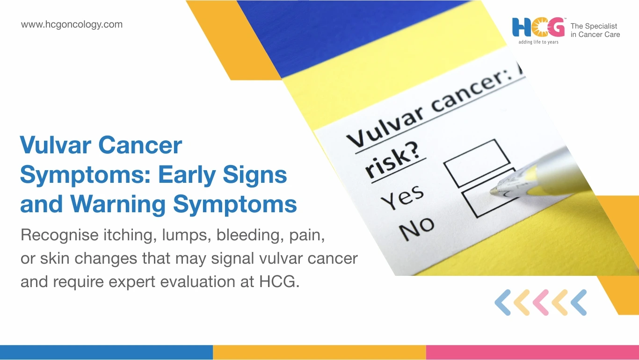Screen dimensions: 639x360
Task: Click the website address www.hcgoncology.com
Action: [x=72, y=24]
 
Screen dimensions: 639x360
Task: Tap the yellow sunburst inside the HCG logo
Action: [x=538, y=27]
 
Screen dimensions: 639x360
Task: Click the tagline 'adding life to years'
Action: [x=538, y=42]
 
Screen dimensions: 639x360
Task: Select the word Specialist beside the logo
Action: [x=602, y=26]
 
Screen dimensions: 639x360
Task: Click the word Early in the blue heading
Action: [x=187, y=174]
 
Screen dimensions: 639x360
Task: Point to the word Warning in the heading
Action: [x=118, y=204]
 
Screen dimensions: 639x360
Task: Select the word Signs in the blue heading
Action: [x=255, y=175]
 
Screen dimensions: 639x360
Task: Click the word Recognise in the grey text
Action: [x=59, y=235]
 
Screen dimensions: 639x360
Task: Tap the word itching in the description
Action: [x=130, y=235]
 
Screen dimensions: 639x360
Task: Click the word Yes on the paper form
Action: [x=402, y=197]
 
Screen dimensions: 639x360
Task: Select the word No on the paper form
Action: [x=416, y=228]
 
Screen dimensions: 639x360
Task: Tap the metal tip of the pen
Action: [x=495, y=191]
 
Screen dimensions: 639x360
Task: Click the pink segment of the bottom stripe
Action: [x=532, y=352]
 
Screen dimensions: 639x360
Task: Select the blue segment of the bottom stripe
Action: [x=106, y=352]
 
